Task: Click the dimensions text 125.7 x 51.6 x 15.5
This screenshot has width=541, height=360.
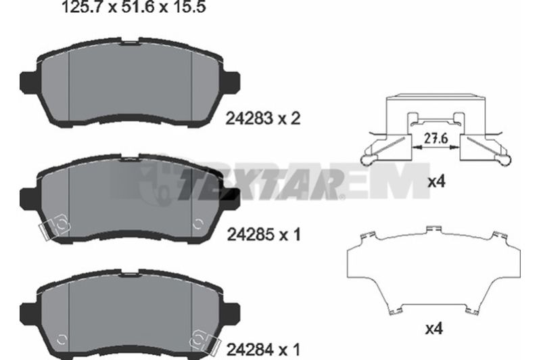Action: click(133, 7)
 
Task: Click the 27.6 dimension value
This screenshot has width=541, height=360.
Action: click(436, 139)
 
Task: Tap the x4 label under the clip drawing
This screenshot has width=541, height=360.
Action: click(436, 181)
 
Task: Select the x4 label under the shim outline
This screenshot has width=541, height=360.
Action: click(433, 328)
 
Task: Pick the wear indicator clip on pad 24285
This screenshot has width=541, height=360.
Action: click(54, 228)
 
